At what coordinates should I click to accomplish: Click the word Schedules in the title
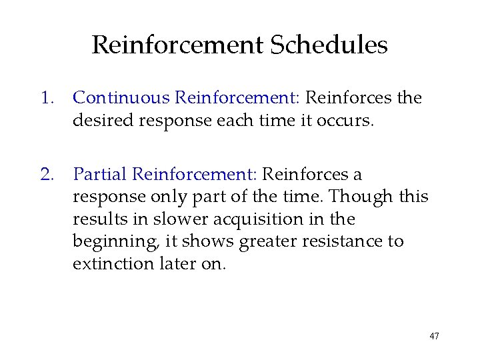click(x=329, y=45)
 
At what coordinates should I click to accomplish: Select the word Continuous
click(x=121, y=98)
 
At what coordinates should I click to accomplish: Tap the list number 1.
click(x=45, y=98)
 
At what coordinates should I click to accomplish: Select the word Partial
click(x=100, y=175)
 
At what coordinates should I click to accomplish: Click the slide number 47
click(x=434, y=336)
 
